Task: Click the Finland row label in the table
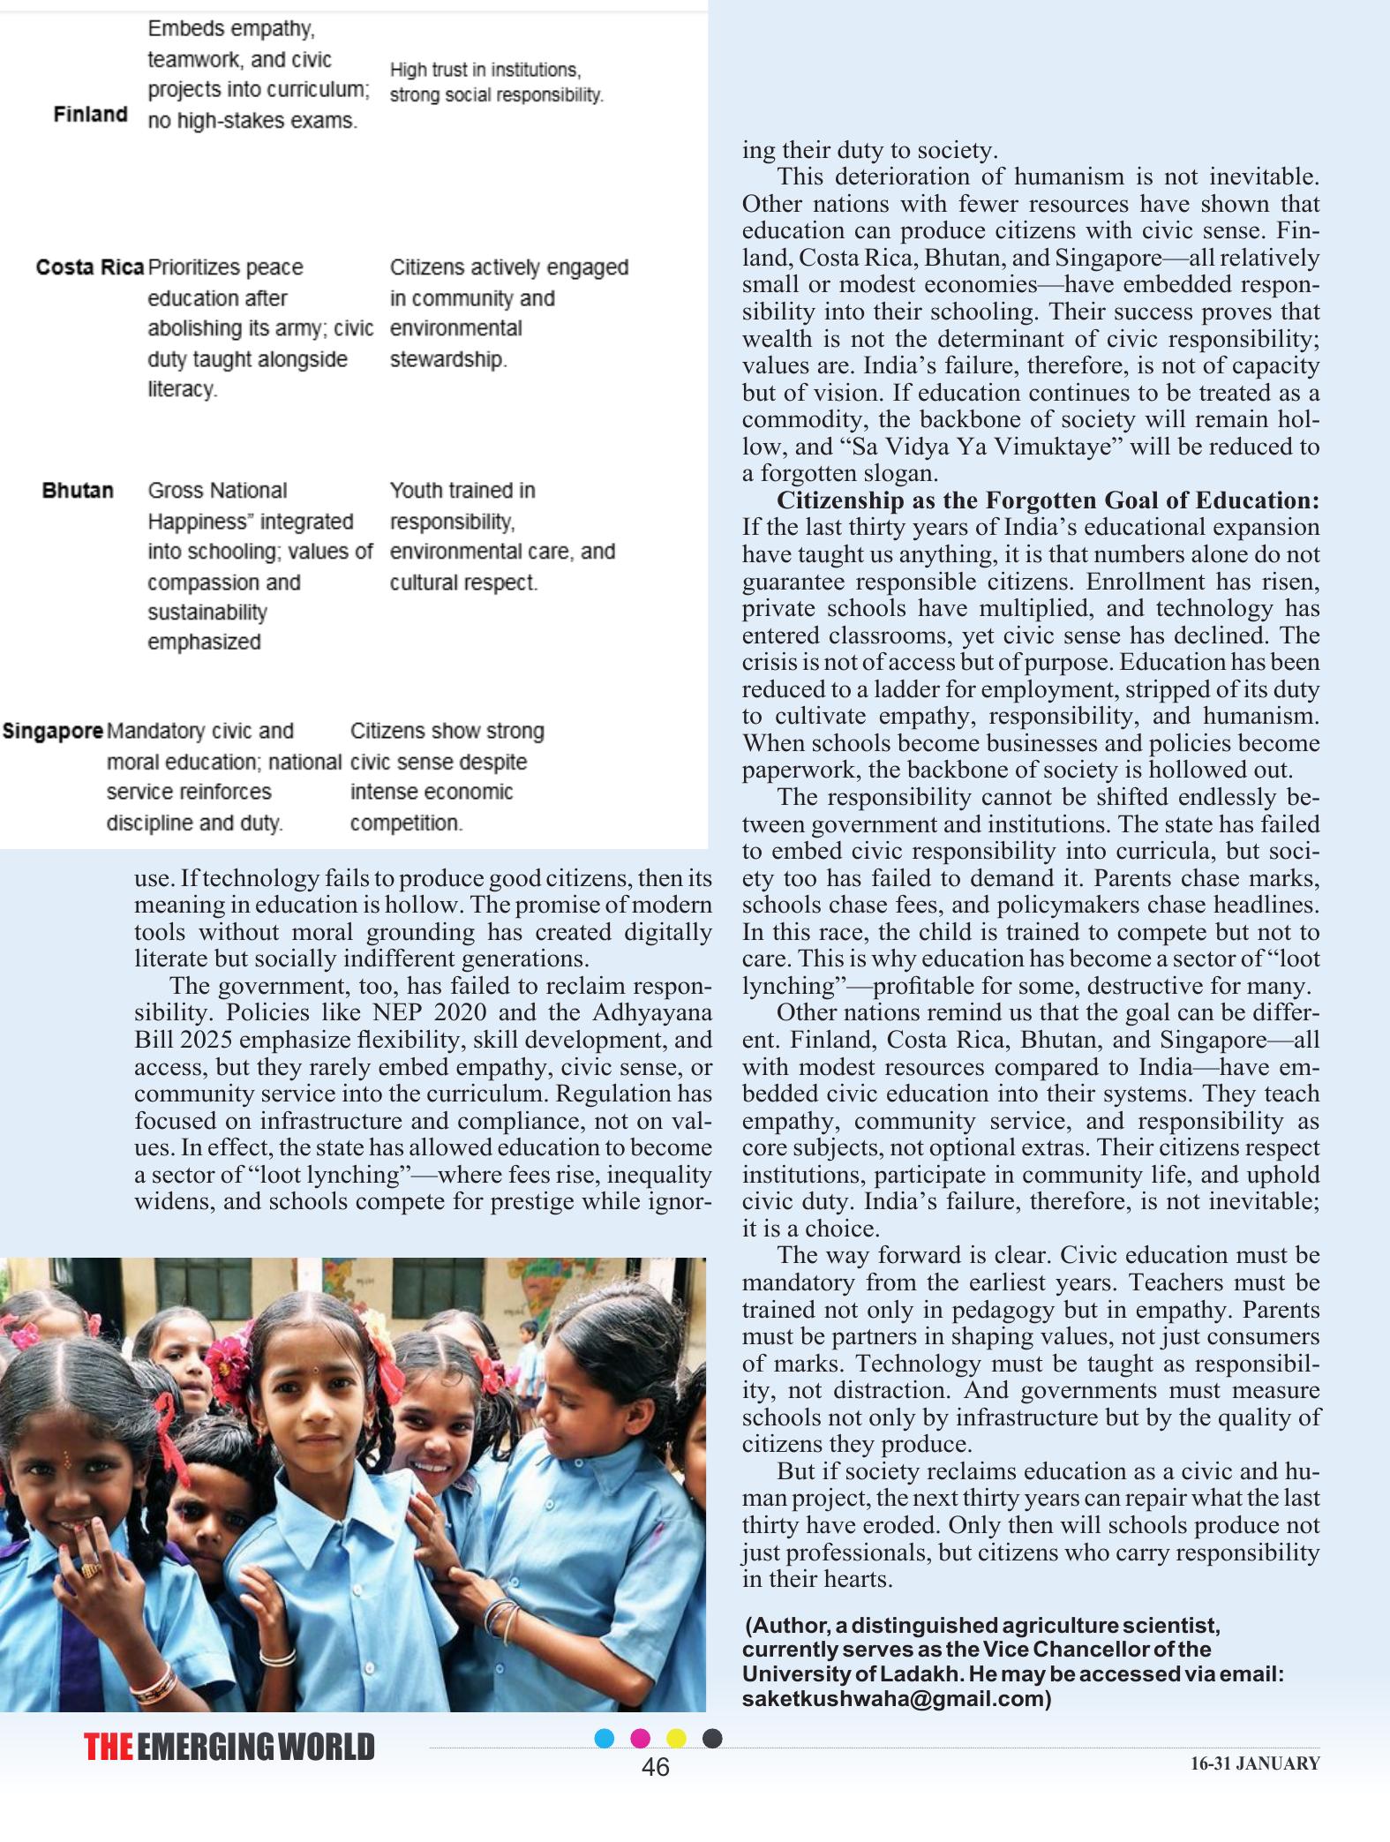[x=90, y=115]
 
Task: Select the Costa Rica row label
[x=90, y=267]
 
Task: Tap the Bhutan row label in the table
[x=78, y=491]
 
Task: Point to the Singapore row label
[x=53, y=732]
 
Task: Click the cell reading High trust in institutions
[x=485, y=71]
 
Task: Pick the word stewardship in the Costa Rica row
[x=447, y=360]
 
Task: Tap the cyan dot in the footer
[x=605, y=1739]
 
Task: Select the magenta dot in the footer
[x=641, y=1739]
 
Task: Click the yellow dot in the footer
[x=676, y=1739]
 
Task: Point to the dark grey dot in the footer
[x=712, y=1739]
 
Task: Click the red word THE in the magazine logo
[x=109, y=1748]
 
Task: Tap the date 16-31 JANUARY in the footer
[x=1255, y=1764]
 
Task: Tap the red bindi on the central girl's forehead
[x=316, y=1375]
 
